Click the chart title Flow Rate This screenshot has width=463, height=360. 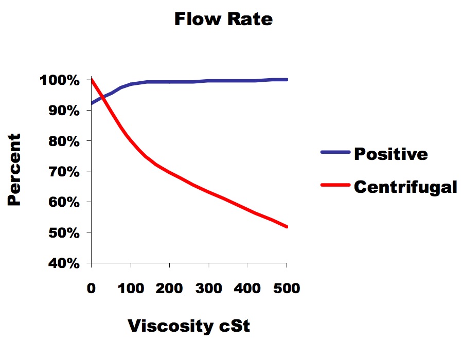(x=224, y=19)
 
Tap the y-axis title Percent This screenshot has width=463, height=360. (x=14, y=170)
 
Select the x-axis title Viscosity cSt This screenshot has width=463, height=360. (x=189, y=326)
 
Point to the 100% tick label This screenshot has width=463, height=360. (x=60, y=80)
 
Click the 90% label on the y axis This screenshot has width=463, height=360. (x=64, y=111)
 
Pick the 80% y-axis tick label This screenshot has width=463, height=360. (x=64, y=141)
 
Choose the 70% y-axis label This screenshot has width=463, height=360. (x=64, y=172)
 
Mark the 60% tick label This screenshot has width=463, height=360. (x=64, y=202)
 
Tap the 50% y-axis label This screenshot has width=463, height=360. (x=64, y=233)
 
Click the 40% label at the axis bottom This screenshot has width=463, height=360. (x=64, y=263)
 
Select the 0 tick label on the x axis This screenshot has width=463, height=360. (x=91, y=289)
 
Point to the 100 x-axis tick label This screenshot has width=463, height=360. (x=131, y=289)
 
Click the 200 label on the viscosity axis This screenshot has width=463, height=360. (x=169, y=289)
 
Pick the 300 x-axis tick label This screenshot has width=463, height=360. (x=209, y=289)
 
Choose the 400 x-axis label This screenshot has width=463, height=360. (x=247, y=289)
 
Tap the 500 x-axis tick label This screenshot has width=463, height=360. (x=287, y=289)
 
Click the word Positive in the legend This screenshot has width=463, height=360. (x=391, y=154)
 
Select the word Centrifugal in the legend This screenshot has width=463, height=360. (x=406, y=187)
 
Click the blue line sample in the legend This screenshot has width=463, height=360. (x=335, y=152)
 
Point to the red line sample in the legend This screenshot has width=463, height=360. (x=335, y=185)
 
